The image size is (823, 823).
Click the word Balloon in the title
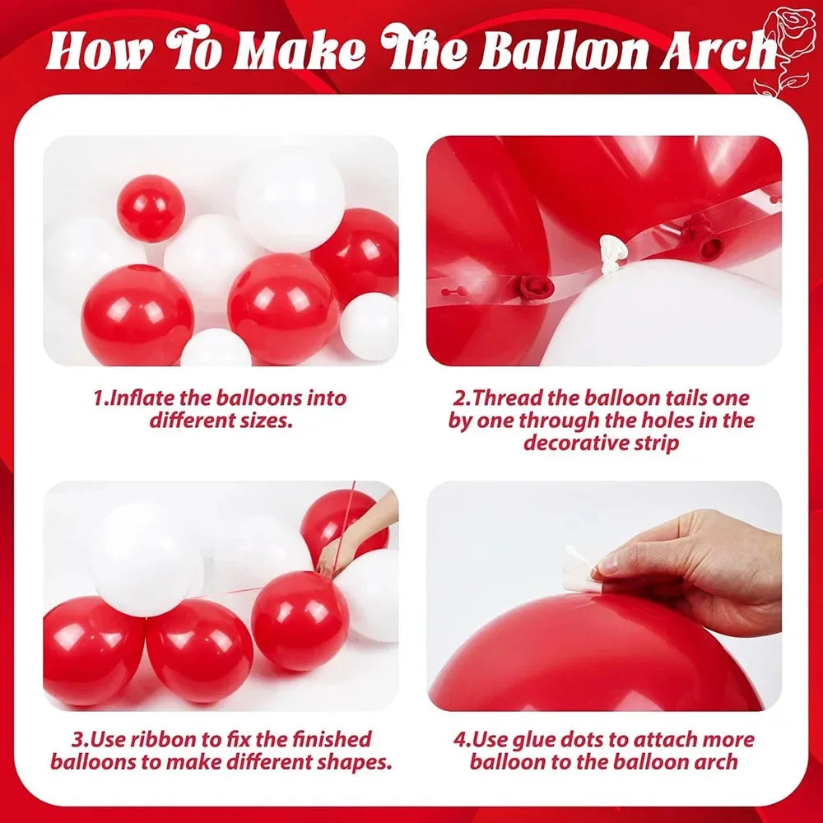(x=560, y=51)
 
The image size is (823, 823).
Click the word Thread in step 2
(x=504, y=398)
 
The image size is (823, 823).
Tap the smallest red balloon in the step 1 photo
(x=151, y=208)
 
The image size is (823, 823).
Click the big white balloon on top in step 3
(x=146, y=560)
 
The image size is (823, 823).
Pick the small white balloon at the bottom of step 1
(x=216, y=349)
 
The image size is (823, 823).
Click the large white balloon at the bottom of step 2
(x=667, y=317)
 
